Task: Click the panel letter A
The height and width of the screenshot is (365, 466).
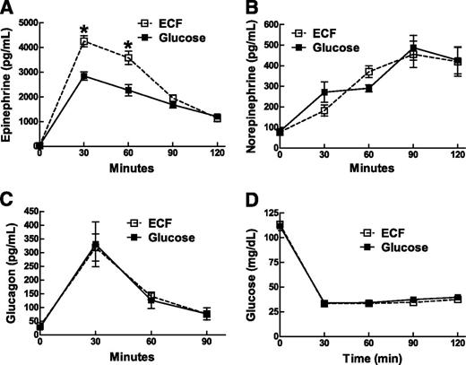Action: tap(8, 8)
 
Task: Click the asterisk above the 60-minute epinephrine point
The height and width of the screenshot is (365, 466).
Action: tap(127, 46)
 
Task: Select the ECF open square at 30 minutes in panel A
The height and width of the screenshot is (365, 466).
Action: tap(83, 41)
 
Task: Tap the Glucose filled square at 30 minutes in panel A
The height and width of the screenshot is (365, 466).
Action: tap(83, 76)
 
